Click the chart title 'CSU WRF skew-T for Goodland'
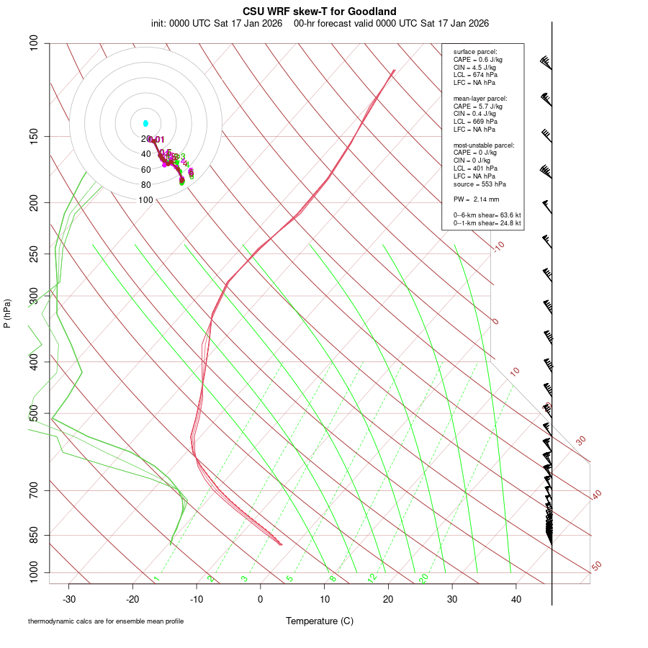tap(319, 11)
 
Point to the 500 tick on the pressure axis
tap(34, 414)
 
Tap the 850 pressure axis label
tap(34, 536)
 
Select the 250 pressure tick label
tap(34, 254)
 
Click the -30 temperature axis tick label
tap(69, 599)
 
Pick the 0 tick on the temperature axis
tap(261, 599)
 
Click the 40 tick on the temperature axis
tap(516, 599)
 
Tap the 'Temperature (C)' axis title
tap(319, 621)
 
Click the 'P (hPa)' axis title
tap(7, 313)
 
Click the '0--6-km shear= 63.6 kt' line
tap(487, 215)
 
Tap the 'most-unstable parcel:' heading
tap(483, 145)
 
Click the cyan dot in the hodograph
tap(145, 124)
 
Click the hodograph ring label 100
tap(145, 200)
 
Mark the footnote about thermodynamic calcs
tap(106, 621)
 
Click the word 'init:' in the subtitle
tap(160, 23)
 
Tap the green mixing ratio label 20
tap(424, 578)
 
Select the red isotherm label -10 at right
tap(498, 246)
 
